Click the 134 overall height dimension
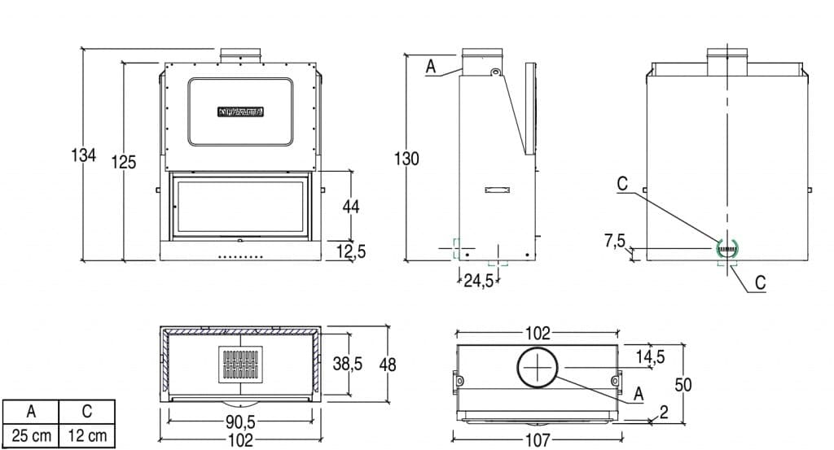[84, 155]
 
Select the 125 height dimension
[123, 162]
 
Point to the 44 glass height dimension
[351, 207]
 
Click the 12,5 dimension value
[351, 252]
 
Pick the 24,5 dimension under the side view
[479, 282]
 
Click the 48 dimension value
[388, 365]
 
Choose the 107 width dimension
[538, 441]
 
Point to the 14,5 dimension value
[650, 356]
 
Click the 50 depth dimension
[683, 385]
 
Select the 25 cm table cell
[31, 436]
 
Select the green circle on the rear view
[726, 248]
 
